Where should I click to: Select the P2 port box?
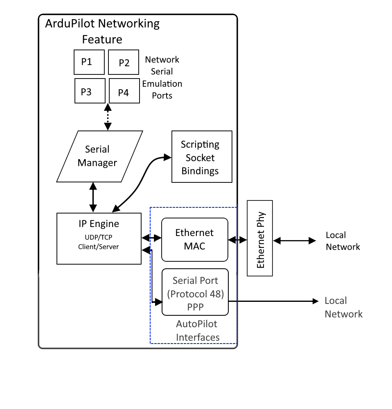click(124, 63)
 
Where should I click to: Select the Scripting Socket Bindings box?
click(202, 157)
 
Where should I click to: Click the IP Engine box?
click(99, 238)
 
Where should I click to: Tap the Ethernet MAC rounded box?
click(194, 239)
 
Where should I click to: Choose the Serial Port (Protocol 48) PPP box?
click(195, 292)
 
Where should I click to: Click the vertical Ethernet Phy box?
click(260, 238)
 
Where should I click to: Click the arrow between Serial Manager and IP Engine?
click(93, 198)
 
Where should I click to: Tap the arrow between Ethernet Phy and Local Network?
click(294, 241)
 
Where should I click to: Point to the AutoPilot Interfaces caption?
click(196, 330)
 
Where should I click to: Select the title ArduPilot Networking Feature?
click(102, 31)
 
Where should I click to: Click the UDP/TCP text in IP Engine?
click(99, 238)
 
